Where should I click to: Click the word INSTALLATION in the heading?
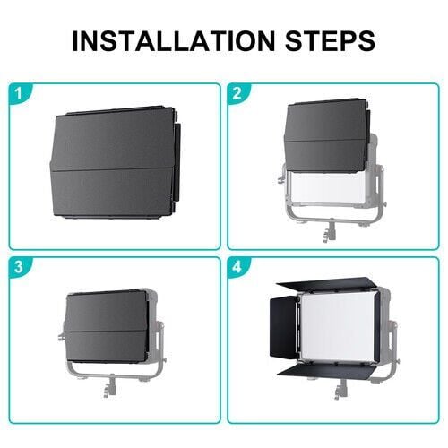pos(173,40)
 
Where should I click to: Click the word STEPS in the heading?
pos(331,40)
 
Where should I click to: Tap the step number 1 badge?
pos(19,93)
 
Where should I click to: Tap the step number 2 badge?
pos(237,93)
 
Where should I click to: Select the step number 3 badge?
pos(19,266)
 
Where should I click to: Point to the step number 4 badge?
pos(237,266)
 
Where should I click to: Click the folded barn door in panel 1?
pos(115,163)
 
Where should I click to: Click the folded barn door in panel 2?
pos(327,136)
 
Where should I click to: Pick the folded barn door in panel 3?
pos(106,326)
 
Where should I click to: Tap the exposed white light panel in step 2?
pos(327,187)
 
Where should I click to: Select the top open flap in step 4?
pos(324,284)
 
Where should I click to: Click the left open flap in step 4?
pos(282,327)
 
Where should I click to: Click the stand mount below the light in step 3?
pos(109,386)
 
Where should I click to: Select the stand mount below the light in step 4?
pos(340,389)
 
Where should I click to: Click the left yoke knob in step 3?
pos(62,336)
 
